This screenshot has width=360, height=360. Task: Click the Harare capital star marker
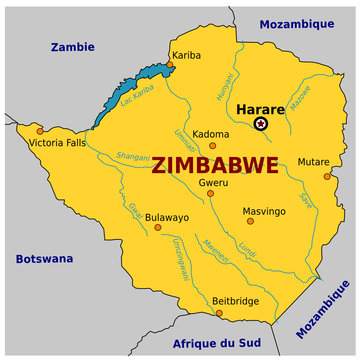(261, 123)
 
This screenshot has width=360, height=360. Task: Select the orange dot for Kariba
(170, 64)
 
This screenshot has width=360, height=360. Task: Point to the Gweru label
(213, 182)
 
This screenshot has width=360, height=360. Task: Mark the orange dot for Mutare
(327, 176)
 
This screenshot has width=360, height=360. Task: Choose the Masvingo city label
(264, 211)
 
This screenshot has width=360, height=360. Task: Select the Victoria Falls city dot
(39, 131)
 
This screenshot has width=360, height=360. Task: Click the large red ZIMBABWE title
(214, 164)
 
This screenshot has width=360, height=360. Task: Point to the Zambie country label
(73, 46)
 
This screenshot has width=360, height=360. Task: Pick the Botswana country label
(44, 259)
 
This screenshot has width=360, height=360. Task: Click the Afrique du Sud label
(218, 343)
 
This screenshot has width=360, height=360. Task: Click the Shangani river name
(134, 156)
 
